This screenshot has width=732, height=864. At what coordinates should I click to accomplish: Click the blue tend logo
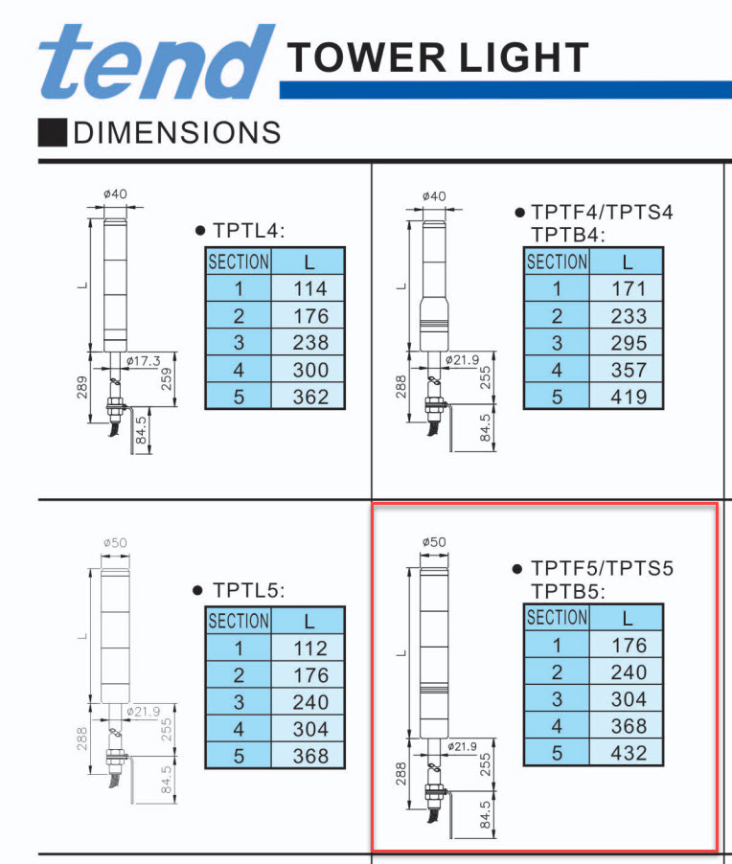click(156, 61)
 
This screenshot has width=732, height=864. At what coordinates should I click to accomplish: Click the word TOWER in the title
click(367, 57)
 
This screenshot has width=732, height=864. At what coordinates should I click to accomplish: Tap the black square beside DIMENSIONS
click(53, 132)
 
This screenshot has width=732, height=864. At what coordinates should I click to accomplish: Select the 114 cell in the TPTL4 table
click(309, 288)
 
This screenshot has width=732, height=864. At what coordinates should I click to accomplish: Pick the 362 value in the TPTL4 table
click(309, 397)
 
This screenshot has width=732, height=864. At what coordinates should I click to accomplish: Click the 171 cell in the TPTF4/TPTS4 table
click(627, 288)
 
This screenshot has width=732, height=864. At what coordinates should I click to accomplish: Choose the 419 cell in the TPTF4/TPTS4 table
click(627, 397)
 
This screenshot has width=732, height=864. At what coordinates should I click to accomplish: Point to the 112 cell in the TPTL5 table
click(309, 648)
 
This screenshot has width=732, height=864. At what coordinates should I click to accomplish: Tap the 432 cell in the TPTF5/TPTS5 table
click(627, 753)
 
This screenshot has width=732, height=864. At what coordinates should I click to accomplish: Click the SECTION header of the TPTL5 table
click(239, 621)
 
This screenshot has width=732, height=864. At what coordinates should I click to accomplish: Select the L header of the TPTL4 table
click(309, 261)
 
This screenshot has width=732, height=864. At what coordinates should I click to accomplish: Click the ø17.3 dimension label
click(143, 361)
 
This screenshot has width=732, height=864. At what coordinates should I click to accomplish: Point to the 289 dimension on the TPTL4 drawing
click(81, 387)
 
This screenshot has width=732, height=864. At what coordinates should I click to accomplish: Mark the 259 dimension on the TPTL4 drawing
click(166, 379)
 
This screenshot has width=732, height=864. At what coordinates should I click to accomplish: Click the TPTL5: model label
click(248, 590)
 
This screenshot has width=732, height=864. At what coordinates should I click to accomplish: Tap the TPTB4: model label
click(568, 235)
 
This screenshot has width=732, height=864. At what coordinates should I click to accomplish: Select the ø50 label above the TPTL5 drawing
click(115, 543)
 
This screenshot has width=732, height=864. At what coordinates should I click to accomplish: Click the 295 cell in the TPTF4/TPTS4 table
click(627, 342)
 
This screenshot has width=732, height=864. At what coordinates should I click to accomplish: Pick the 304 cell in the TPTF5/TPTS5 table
click(627, 698)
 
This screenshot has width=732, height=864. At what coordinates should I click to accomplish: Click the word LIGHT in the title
click(524, 57)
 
